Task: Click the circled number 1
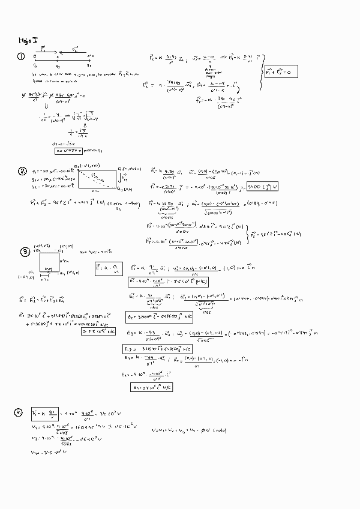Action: click(x=21, y=57)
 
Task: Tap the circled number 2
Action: click(x=22, y=172)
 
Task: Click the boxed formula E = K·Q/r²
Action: click(x=106, y=269)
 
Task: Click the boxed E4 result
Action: click(x=151, y=387)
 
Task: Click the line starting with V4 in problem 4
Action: click(x=50, y=451)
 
